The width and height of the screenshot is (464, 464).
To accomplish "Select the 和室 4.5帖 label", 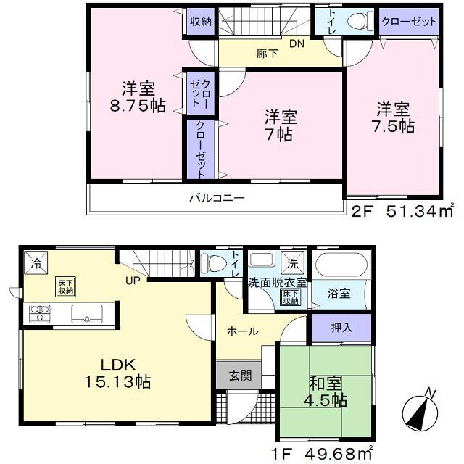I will click(x=324, y=391).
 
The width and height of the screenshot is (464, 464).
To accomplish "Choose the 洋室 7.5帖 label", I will click(x=393, y=117).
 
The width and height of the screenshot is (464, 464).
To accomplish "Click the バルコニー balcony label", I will click(x=217, y=197).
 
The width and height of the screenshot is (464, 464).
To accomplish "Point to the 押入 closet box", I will click(x=341, y=328).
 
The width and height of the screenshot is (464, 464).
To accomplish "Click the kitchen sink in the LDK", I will click(x=86, y=313).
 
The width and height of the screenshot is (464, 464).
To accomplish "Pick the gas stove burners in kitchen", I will click(x=39, y=313).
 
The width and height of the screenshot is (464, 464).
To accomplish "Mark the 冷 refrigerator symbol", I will click(x=35, y=261).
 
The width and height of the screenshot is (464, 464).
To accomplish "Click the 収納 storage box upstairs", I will click(x=201, y=22).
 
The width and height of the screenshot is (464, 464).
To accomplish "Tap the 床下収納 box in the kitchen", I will click(x=65, y=286).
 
